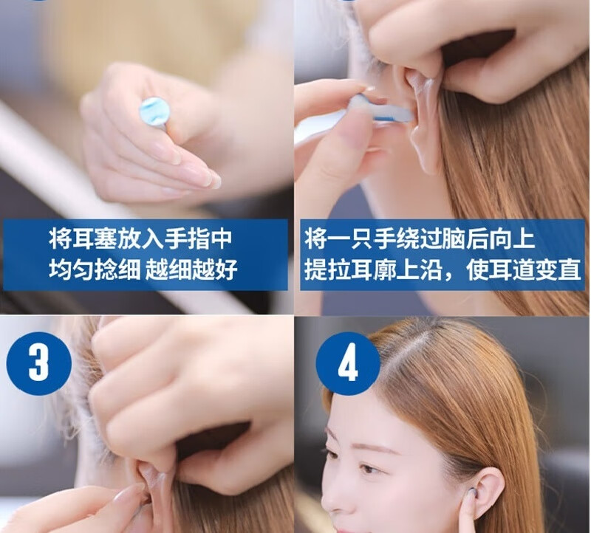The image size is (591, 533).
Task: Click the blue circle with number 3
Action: click(39, 363)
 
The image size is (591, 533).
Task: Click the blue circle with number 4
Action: click(348, 363)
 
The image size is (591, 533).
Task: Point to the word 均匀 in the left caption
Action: click(71, 269)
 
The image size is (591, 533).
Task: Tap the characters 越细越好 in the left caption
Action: click(191, 269)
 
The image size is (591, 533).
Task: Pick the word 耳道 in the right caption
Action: click(512, 269)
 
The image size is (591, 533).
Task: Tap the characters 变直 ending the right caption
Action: click(558, 269)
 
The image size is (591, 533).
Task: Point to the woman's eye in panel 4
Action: click(368, 469)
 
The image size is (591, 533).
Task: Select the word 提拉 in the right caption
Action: click(327, 269)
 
